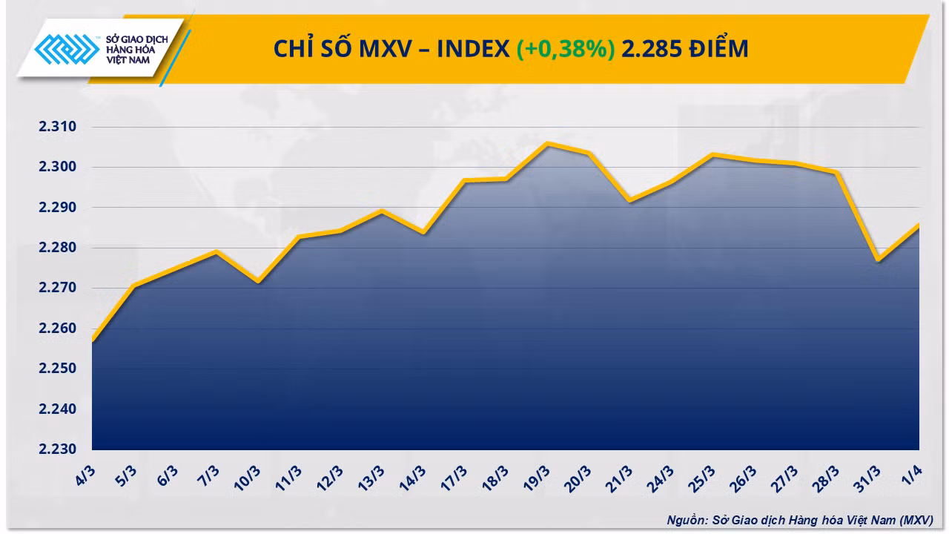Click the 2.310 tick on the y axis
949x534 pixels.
57,126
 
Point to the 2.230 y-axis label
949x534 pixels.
57,449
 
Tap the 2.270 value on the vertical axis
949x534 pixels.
57,287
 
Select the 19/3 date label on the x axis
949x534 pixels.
537,478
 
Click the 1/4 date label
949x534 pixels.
912,475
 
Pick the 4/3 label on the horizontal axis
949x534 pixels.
85,475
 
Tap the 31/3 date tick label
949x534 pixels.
867,479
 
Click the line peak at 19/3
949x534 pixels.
548,144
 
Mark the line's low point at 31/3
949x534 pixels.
879,260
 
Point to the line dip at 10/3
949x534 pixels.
258,281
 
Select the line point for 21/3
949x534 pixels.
630,200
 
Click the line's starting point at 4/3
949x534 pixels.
93,340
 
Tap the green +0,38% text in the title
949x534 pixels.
566,49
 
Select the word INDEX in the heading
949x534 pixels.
473,49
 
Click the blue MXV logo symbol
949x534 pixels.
67,49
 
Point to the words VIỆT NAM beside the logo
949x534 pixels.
128,60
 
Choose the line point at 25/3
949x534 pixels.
713,155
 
